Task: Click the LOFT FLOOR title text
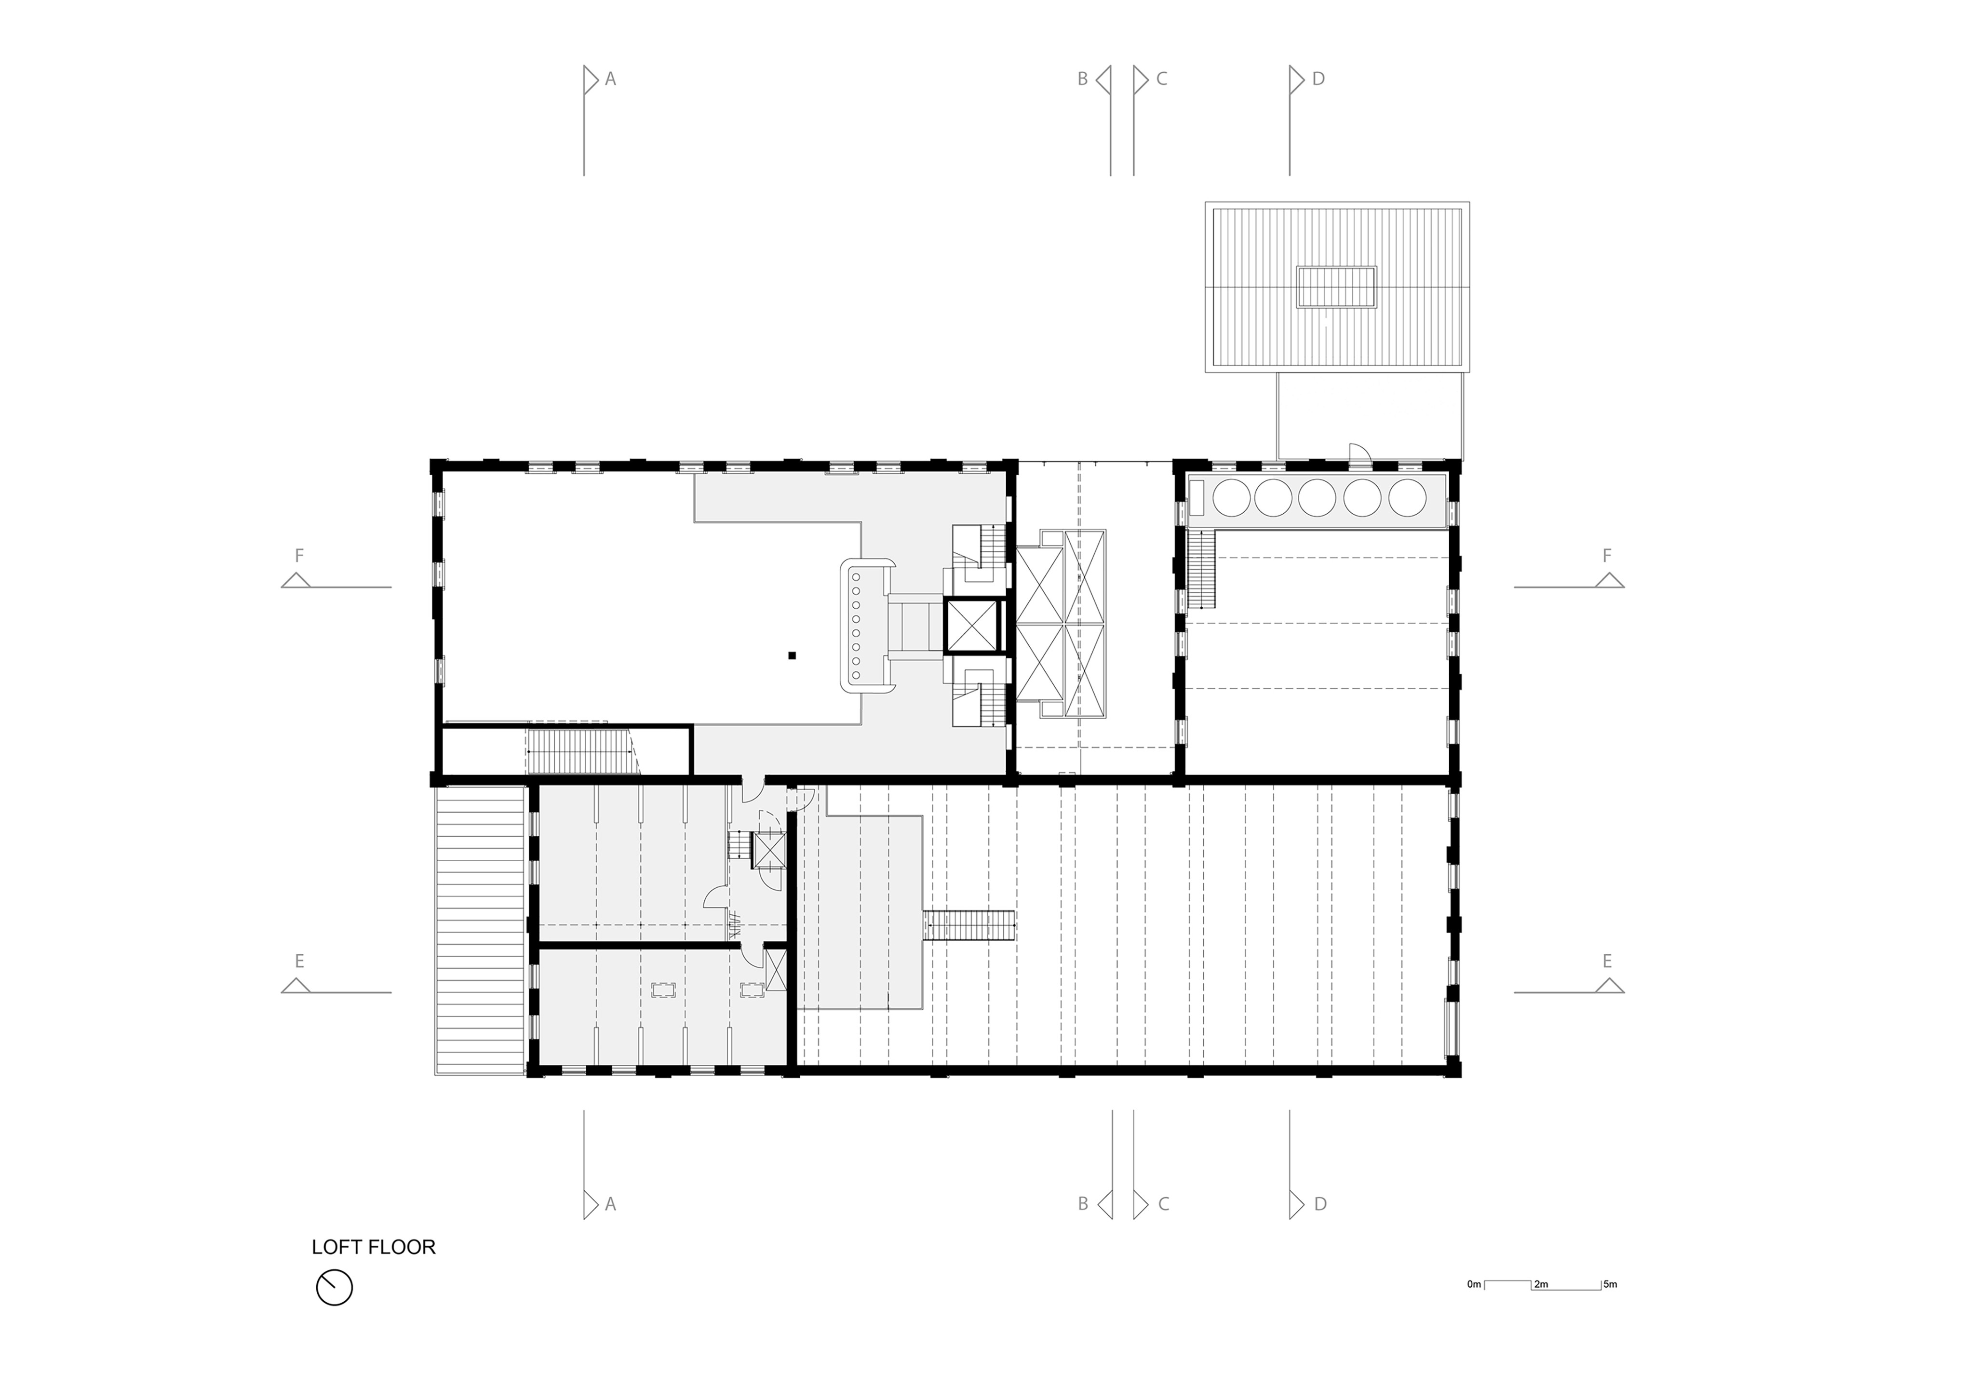point(374,1247)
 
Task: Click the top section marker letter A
point(610,79)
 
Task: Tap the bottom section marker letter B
point(1082,1204)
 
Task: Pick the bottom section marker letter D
point(1320,1204)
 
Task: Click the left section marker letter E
point(299,961)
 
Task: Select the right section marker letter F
point(1606,556)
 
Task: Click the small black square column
point(793,655)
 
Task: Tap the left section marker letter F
point(299,556)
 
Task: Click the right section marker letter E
point(1606,961)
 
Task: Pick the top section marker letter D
point(1318,79)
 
